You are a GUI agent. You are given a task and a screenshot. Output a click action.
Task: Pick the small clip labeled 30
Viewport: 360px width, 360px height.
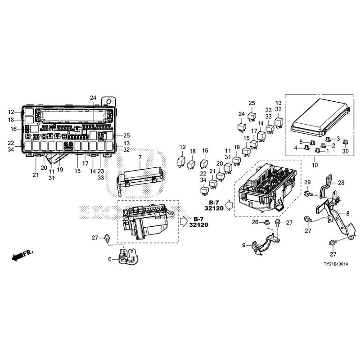tap(346, 143)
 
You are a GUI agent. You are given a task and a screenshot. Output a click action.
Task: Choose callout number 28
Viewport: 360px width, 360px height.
tap(341, 182)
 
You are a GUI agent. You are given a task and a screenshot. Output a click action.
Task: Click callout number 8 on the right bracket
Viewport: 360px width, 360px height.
tap(347, 213)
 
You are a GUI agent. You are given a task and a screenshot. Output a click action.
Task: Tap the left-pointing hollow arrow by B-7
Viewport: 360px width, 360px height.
tap(229, 206)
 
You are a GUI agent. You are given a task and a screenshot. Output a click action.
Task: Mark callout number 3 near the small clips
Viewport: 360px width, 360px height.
tap(338, 139)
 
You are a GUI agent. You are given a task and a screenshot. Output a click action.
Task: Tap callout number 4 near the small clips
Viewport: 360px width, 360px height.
tap(296, 147)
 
